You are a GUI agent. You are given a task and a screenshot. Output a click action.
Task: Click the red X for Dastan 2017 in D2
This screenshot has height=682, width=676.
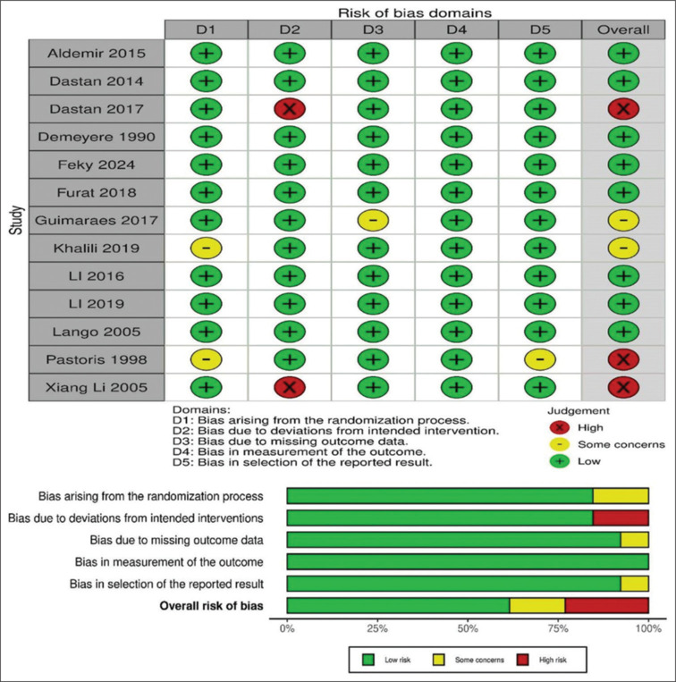point(289,110)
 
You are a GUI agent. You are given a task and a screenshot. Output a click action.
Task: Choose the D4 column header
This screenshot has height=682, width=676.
point(455,29)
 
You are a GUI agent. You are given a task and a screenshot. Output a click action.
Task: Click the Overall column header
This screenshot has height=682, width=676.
point(622,29)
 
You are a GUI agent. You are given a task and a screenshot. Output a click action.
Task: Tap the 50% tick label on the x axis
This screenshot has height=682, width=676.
point(468,629)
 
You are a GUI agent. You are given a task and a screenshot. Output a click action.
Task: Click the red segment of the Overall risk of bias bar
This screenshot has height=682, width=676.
point(606,606)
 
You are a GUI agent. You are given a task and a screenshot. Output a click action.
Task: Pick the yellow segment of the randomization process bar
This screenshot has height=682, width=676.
point(621,494)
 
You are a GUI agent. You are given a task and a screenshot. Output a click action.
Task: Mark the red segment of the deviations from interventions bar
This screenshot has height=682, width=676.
point(621,517)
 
